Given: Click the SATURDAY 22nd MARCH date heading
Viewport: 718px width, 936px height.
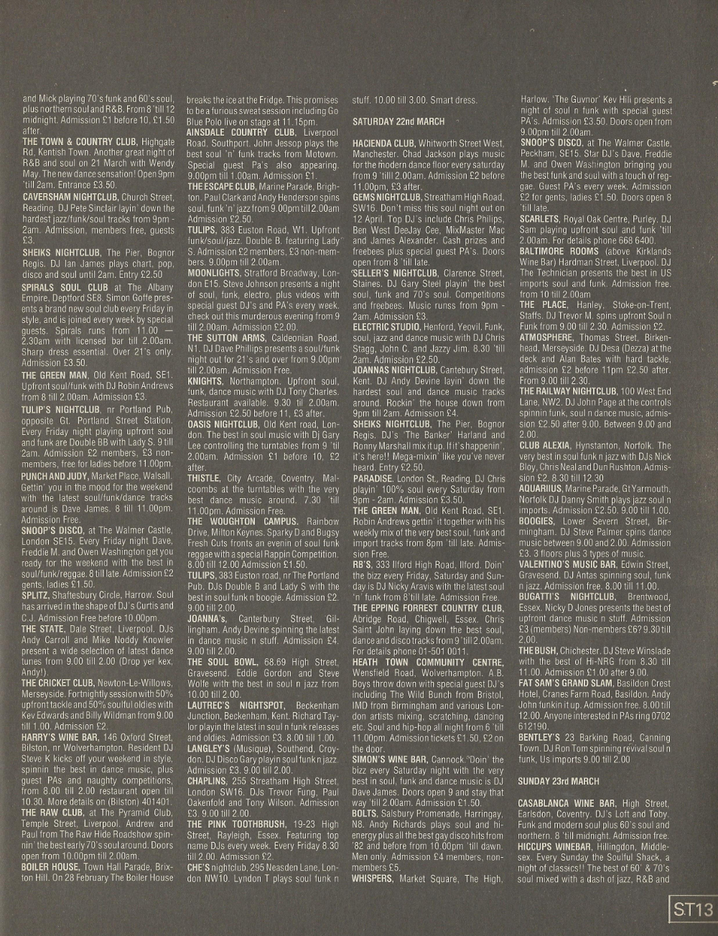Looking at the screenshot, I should coord(398,121).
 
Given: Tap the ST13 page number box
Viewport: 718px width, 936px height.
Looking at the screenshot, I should coord(693,910).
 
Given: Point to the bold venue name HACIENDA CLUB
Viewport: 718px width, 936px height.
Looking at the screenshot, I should coord(383,144).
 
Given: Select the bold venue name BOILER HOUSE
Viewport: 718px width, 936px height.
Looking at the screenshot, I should coord(50,867).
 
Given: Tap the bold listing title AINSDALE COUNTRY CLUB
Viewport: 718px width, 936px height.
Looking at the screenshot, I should coord(241,132).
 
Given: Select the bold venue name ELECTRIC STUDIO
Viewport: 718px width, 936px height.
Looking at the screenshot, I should coord(381,327).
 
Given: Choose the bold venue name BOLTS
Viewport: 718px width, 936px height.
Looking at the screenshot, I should coord(364,813).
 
